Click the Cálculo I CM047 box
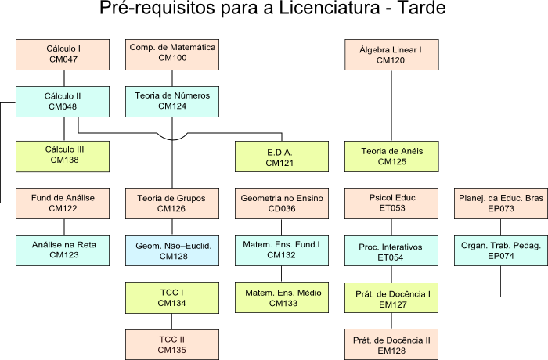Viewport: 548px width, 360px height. pos(63,54)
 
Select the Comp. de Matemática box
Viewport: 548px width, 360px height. pos(172,54)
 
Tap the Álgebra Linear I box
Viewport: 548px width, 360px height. pos(391,54)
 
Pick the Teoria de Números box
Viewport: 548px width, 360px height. pos(172,101)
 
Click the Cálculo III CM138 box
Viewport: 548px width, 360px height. pos(63,155)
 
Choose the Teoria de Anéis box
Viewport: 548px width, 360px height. pos(391,157)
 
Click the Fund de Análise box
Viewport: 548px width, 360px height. pos(63,203)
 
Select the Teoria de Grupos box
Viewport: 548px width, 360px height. pos(172,203)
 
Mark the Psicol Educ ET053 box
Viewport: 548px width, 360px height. pos(391,203)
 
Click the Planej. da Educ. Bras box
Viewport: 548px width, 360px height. pos(500,203)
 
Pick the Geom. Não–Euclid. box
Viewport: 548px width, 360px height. pos(172,250)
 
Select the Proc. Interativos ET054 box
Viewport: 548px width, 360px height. pos(391,250)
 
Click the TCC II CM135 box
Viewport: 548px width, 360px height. pos(172,344)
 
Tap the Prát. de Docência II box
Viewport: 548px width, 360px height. pos(391,344)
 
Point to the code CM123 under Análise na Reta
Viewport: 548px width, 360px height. pos(63,255)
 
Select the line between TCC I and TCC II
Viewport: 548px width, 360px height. pos(172,321)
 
